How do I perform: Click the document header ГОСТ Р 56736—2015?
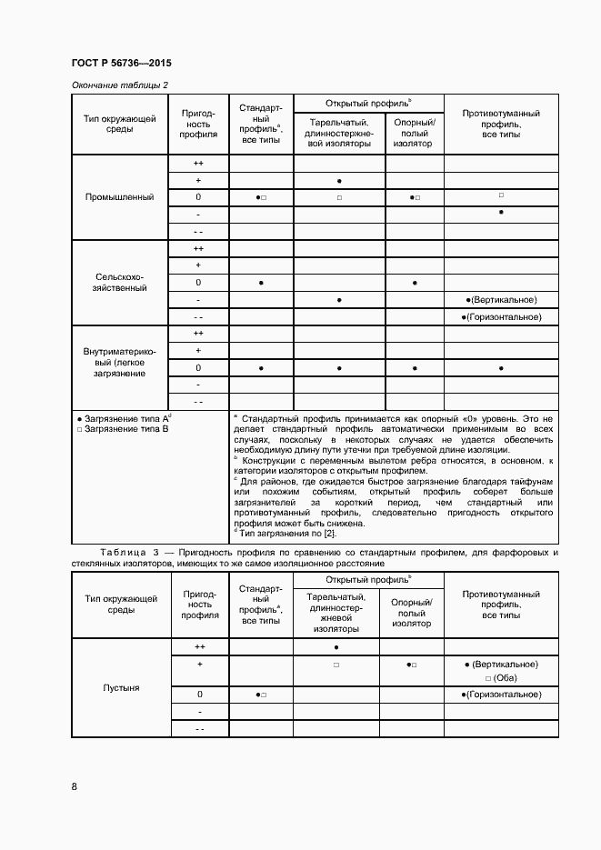pyautogui.click(x=121, y=64)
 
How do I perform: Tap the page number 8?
pyautogui.click(x=75, y=786)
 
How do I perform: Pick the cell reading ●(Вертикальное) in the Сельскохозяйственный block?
pyautogui.click(x=501, y=300)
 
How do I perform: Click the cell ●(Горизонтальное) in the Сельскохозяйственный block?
pyautogui.click(x=501, y=317)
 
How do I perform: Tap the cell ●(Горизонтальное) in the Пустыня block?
pyautogui.click(x=501, y=695)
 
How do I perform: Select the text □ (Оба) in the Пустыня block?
pyautogui.click(x=501, y=678)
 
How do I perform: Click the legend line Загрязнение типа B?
pyautogui.click(x=123, y=428)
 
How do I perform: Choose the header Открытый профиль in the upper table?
pyautogui.click(x=368, y=103)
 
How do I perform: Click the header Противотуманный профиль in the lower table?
pyautogui.click(x=501, y=605)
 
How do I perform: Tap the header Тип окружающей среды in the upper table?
pyautogui.click(x=119, y=124)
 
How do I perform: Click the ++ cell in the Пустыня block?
pyautogui.click(x=198, y=647)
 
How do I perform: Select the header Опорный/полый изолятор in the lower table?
pyautogui.click(x=414, y=613)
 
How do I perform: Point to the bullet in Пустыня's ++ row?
pyautogui.click(x=338, y=647)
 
